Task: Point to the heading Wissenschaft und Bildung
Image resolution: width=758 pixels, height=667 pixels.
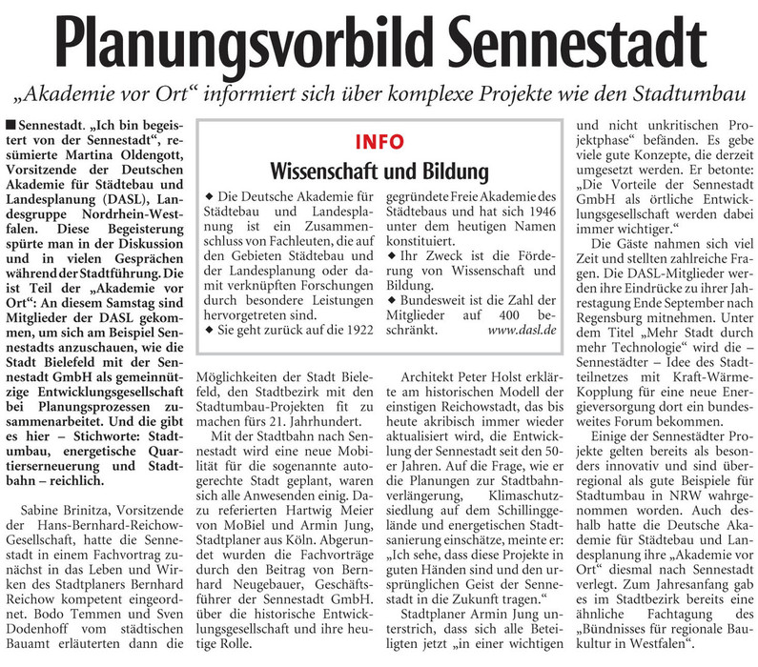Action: [x=379, y=172]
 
